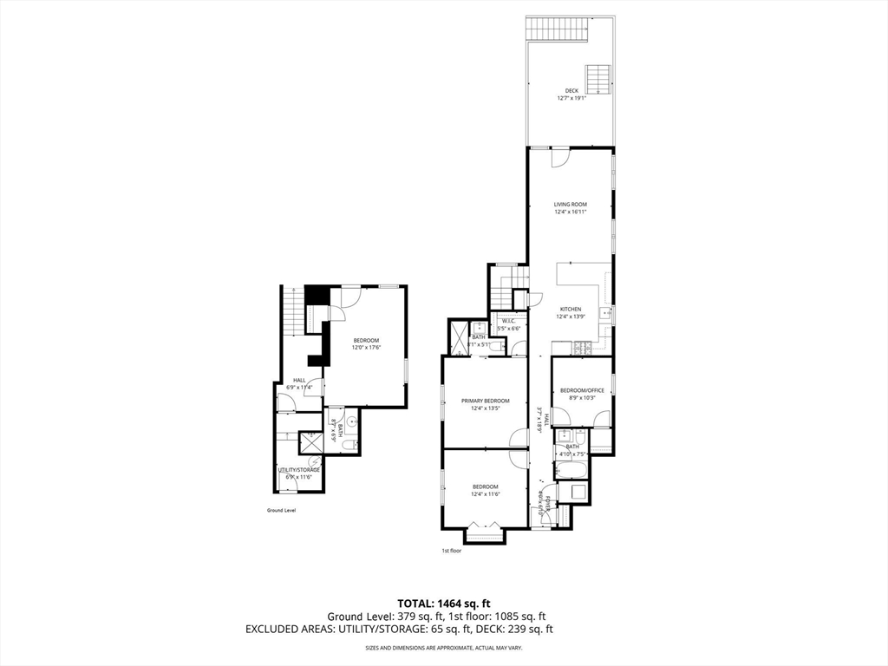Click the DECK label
click(571, 90)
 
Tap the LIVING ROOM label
click(571, 205)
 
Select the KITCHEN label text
click(571, 310)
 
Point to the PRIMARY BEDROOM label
click(485, 401)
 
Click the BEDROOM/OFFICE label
click(581, 391)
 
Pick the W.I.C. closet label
click(507, 321)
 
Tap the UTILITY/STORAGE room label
click(298, 470)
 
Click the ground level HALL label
click(298, 380)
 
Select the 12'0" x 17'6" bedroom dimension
click(366, 348)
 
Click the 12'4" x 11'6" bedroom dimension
click(485, 495)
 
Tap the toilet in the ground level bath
click(347, 445)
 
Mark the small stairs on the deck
click(597, 79)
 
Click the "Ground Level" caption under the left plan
click(281, 511)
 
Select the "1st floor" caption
click(451, 551)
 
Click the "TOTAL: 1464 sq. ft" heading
click(443, 604)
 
